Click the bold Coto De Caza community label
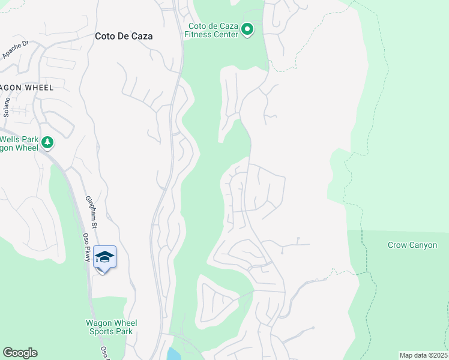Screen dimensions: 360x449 point(124,36)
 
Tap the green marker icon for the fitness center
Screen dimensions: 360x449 point(247,29)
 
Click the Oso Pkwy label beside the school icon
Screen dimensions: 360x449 point(88,247)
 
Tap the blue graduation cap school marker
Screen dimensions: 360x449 point(105,257)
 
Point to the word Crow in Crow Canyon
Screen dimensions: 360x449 point(398,245)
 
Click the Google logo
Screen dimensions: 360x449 point(20,353)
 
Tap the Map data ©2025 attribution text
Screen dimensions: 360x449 point(423,355)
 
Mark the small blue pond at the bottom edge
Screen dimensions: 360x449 point(175,354)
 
